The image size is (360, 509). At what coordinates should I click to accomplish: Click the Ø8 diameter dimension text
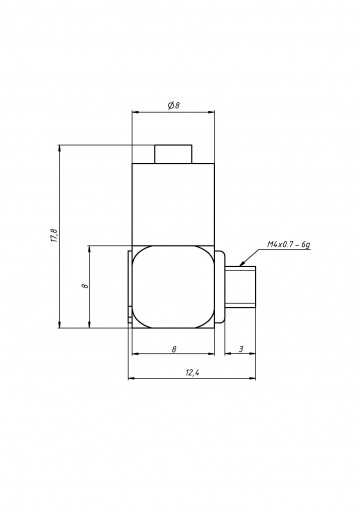pos(173,105)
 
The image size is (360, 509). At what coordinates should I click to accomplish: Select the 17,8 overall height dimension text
pos(55,236)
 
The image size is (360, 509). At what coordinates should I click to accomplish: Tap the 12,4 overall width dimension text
pos(192,373)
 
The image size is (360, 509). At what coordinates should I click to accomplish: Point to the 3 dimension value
pos(241,349)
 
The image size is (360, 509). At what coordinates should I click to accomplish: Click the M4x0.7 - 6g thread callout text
pos(289,244)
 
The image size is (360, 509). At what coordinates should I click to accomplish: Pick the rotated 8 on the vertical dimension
pos(85,286)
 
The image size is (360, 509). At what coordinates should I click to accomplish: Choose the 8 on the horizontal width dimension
pos(174,349)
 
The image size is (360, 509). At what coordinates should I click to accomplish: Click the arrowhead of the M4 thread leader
pos(241,265)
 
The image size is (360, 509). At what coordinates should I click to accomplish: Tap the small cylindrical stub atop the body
pos(173,154)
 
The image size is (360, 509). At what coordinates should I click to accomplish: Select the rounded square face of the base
pos(173,287)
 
